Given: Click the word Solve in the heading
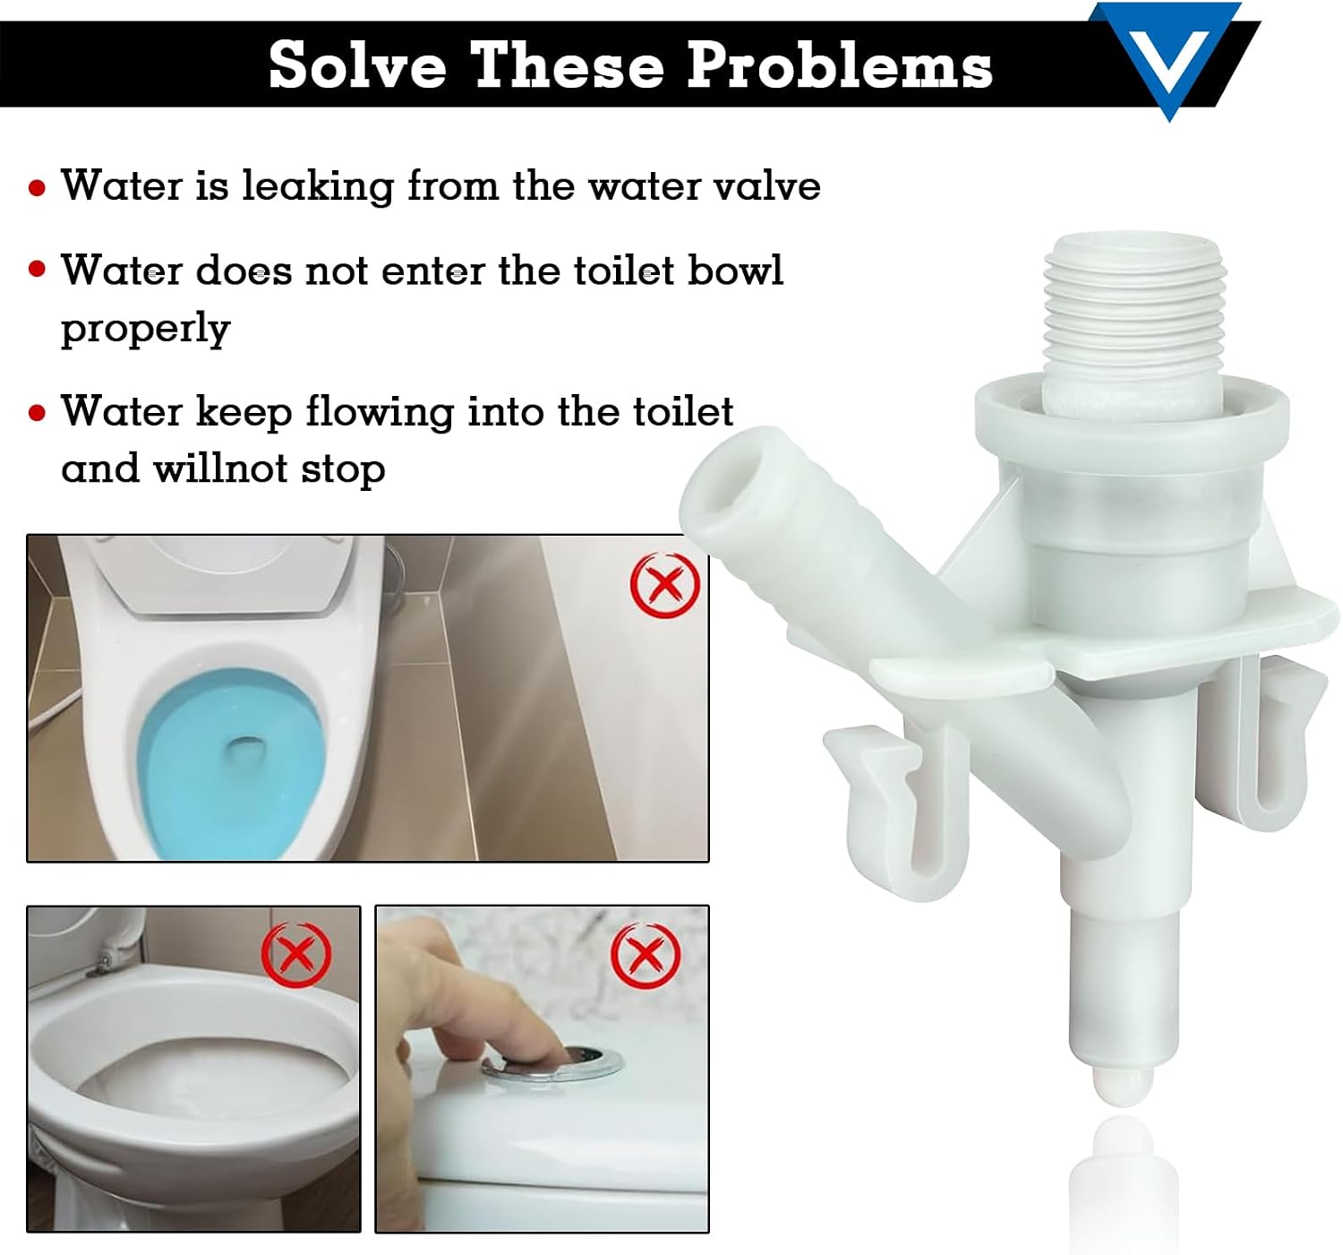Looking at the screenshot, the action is click(358, 65).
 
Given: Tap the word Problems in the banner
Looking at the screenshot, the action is click(839, 65).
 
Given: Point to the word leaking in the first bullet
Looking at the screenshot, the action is click(318, 185).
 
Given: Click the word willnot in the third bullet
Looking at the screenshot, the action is click(221, 468).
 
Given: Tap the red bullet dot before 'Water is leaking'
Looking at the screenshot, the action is click(38, 187).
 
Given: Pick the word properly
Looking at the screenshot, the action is click(146, 329).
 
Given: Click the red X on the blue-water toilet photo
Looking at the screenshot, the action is click(664, 584).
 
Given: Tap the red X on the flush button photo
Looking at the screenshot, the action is click(645, 954).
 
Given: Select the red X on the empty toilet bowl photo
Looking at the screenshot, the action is click(296, 956).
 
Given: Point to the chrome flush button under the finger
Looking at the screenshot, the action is click(552, 1065).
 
